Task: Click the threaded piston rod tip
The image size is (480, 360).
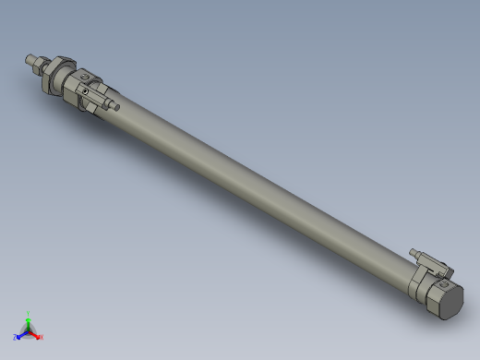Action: pyautogui.click(x=30, y=62)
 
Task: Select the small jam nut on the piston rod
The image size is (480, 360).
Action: pyautogui.click(x=40, y=66)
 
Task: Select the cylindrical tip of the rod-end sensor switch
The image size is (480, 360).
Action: pyautogui.click(x=116, y=106)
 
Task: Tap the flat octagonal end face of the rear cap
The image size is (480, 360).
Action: pyautogui.click(x=450, y=300)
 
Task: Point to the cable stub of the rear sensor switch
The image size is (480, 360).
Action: pyautogui.click(x=414, y=251)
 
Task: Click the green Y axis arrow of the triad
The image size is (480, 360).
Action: pyautogui.click(x=30, y=319)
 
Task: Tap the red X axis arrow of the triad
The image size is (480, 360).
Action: pyautogui.click(x=36, y=334)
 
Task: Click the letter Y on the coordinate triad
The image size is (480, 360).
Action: pyautogui.click(x=30, y=313)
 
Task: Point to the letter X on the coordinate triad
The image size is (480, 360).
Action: pyautogui.click(x=42, y=337)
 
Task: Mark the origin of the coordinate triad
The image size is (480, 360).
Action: pyautogui.click(x=30, y=330)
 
